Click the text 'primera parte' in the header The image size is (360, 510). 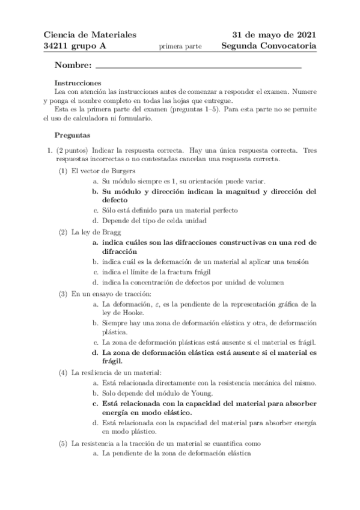180,46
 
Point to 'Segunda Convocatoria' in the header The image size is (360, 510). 268,46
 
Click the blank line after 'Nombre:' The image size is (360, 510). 198,65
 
